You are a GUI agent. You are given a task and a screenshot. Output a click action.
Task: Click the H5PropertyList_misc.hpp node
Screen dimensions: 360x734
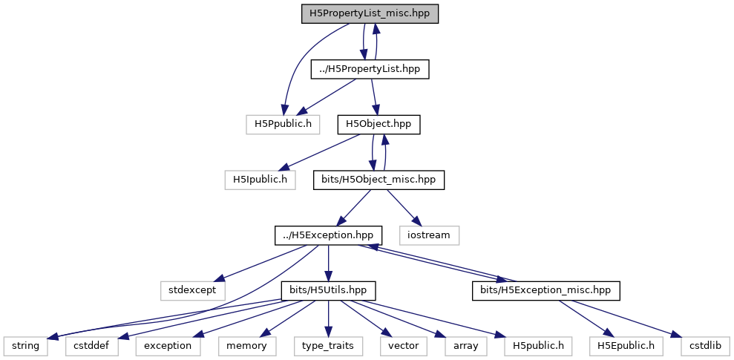(370, 13)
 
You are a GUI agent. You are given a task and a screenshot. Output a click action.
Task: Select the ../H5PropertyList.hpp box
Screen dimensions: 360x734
(370, 69)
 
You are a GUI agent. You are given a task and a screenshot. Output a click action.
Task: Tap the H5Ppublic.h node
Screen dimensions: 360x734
(283, 123)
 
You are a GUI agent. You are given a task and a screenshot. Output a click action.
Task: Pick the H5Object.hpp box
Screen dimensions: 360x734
(379, 123)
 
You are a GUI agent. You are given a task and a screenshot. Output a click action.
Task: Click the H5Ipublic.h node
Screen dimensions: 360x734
(260, 179)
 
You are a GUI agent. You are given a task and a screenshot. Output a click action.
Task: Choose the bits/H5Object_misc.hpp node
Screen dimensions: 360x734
(379, 179)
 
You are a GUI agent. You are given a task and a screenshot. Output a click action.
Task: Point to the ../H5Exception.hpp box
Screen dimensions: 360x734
(329, 235)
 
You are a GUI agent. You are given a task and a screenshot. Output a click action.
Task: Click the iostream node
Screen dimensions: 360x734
(429, 235)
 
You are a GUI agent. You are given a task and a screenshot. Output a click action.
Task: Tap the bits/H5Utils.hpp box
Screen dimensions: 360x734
(329, 289)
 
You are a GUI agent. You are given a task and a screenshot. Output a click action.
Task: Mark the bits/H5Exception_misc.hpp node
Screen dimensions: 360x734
(545, 289)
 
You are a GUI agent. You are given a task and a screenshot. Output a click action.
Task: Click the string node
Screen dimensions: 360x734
(25, 345)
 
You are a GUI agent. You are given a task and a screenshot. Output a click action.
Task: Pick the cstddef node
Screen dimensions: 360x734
(92, 345)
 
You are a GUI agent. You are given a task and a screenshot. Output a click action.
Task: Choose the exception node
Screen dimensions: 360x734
(168, 345)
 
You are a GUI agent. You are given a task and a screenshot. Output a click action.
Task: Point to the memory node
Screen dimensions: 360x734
(247, 345)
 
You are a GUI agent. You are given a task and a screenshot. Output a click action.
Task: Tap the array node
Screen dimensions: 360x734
(466, 345)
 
